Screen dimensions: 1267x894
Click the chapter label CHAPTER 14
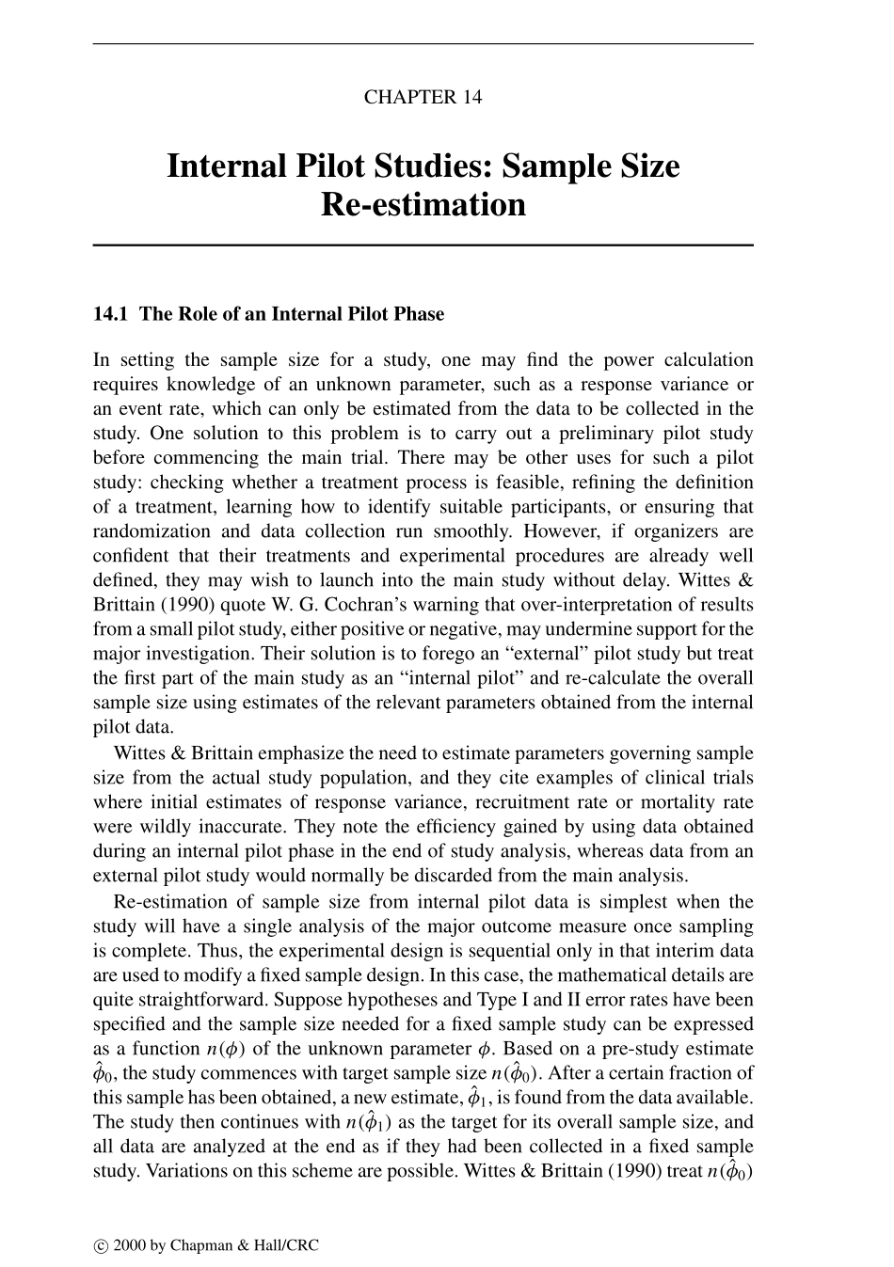(423, 97)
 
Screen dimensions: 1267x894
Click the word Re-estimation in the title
(423, 204)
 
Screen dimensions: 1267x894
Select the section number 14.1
(112, 314)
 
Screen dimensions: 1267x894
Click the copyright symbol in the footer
(100, 1246)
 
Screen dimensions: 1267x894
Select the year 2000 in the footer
(128, 1246)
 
